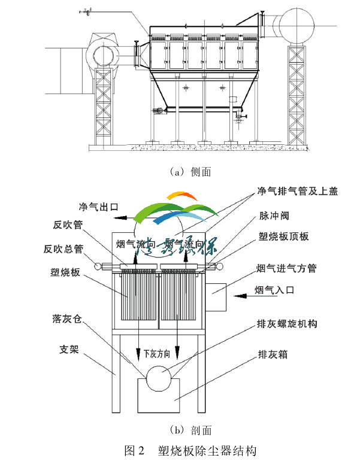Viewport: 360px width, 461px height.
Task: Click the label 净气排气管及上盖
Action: (298, 192)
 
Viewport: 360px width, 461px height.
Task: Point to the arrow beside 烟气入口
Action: (244, 295)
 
